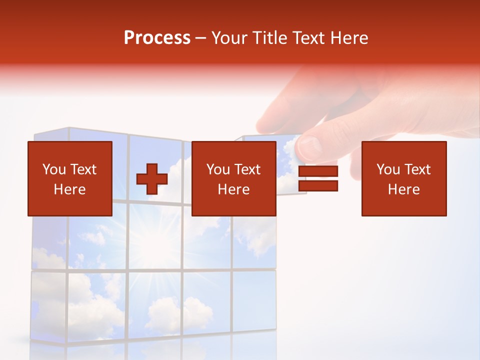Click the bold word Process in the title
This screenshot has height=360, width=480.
[x=157, y=38]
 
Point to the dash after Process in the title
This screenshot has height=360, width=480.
[x=201, y=38]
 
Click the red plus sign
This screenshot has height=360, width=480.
[x=152, y=179]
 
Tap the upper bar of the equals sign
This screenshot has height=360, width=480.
[x=318, y=171]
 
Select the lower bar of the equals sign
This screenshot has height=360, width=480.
[x=318, y=186]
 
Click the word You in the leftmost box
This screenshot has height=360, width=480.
[x=54, y=169]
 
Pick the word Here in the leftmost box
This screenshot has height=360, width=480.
[x=69, y=189]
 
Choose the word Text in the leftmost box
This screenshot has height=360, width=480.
[x=83, y=169]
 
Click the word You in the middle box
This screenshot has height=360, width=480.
[x=218, y=169]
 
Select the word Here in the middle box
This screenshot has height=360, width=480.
[x=233, y=189]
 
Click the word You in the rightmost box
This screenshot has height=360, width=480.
[x=388, y=169]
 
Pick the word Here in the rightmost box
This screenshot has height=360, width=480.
[x=403, y=189]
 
